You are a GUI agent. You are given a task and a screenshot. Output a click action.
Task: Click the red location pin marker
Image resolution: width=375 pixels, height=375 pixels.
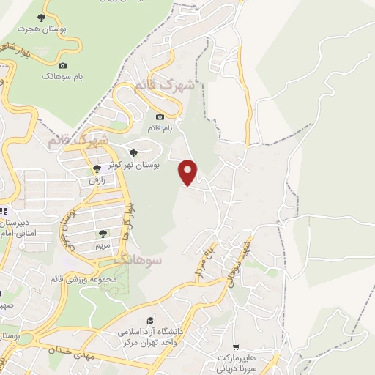pos(188,172)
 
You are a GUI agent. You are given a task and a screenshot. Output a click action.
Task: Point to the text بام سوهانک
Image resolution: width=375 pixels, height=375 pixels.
pos(62,76)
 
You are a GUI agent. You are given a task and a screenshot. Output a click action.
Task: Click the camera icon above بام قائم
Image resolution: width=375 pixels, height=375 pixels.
pos(160,117)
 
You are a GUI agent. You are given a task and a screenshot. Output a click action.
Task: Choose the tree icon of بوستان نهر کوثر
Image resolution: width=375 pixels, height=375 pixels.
pos(133,153)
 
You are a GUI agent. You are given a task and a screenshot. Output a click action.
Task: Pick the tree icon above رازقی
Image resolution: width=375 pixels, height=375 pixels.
pos(97,169)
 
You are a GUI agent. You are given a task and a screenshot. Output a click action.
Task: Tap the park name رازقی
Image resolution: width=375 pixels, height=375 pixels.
pos(97,180)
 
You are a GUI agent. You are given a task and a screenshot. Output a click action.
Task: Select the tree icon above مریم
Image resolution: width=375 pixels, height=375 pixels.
pos(103,234)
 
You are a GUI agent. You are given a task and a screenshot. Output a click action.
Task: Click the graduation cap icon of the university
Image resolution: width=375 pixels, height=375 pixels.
pos(151,321)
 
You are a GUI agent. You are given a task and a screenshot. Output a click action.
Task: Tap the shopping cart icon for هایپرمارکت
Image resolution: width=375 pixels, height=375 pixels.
pos(235,347)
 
